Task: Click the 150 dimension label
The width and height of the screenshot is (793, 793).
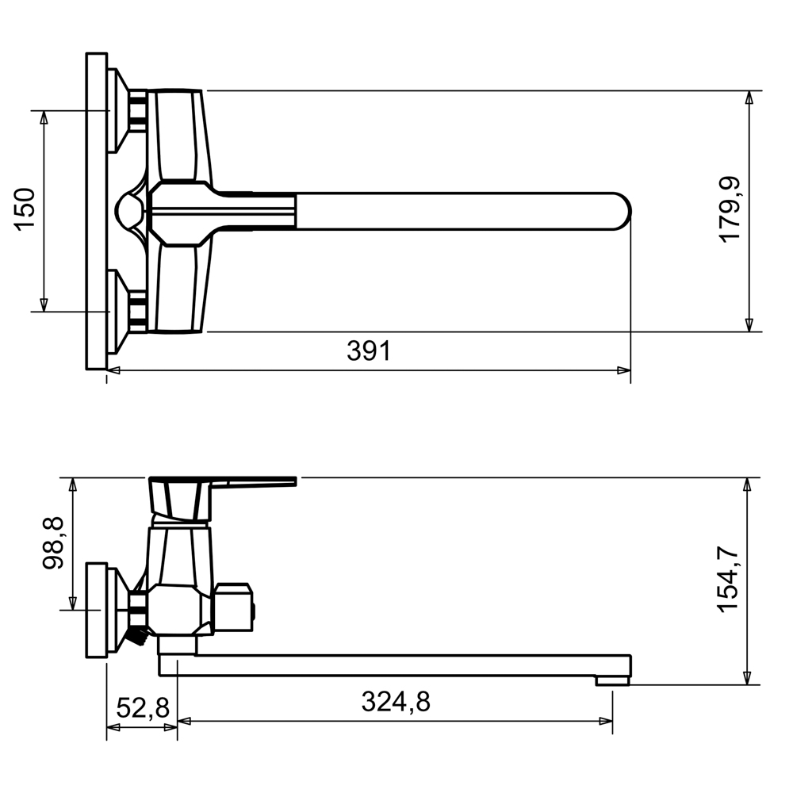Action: (25, 209)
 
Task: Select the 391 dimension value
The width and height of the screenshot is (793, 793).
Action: (369, 351)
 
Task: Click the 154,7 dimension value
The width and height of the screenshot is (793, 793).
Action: (730, 580)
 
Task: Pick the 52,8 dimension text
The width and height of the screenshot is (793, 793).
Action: (143, 708)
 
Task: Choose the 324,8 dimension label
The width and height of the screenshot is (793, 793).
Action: (396, 702)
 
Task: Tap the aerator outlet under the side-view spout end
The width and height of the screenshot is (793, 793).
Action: (612, 680)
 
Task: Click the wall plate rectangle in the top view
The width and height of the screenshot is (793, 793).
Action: (97, 211)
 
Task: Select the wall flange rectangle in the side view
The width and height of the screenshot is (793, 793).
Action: (96, 610)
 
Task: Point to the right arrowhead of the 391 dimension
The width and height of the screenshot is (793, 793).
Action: (624, 370)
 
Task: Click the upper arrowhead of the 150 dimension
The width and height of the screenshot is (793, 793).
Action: (44, 118)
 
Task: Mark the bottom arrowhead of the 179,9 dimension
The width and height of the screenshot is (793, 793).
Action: (749, 324)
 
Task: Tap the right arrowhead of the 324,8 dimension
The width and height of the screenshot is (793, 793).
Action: (606, 721)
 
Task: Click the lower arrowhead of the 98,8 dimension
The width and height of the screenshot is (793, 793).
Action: (73, 603)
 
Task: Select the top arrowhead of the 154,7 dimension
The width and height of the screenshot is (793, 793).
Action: (747, 485)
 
